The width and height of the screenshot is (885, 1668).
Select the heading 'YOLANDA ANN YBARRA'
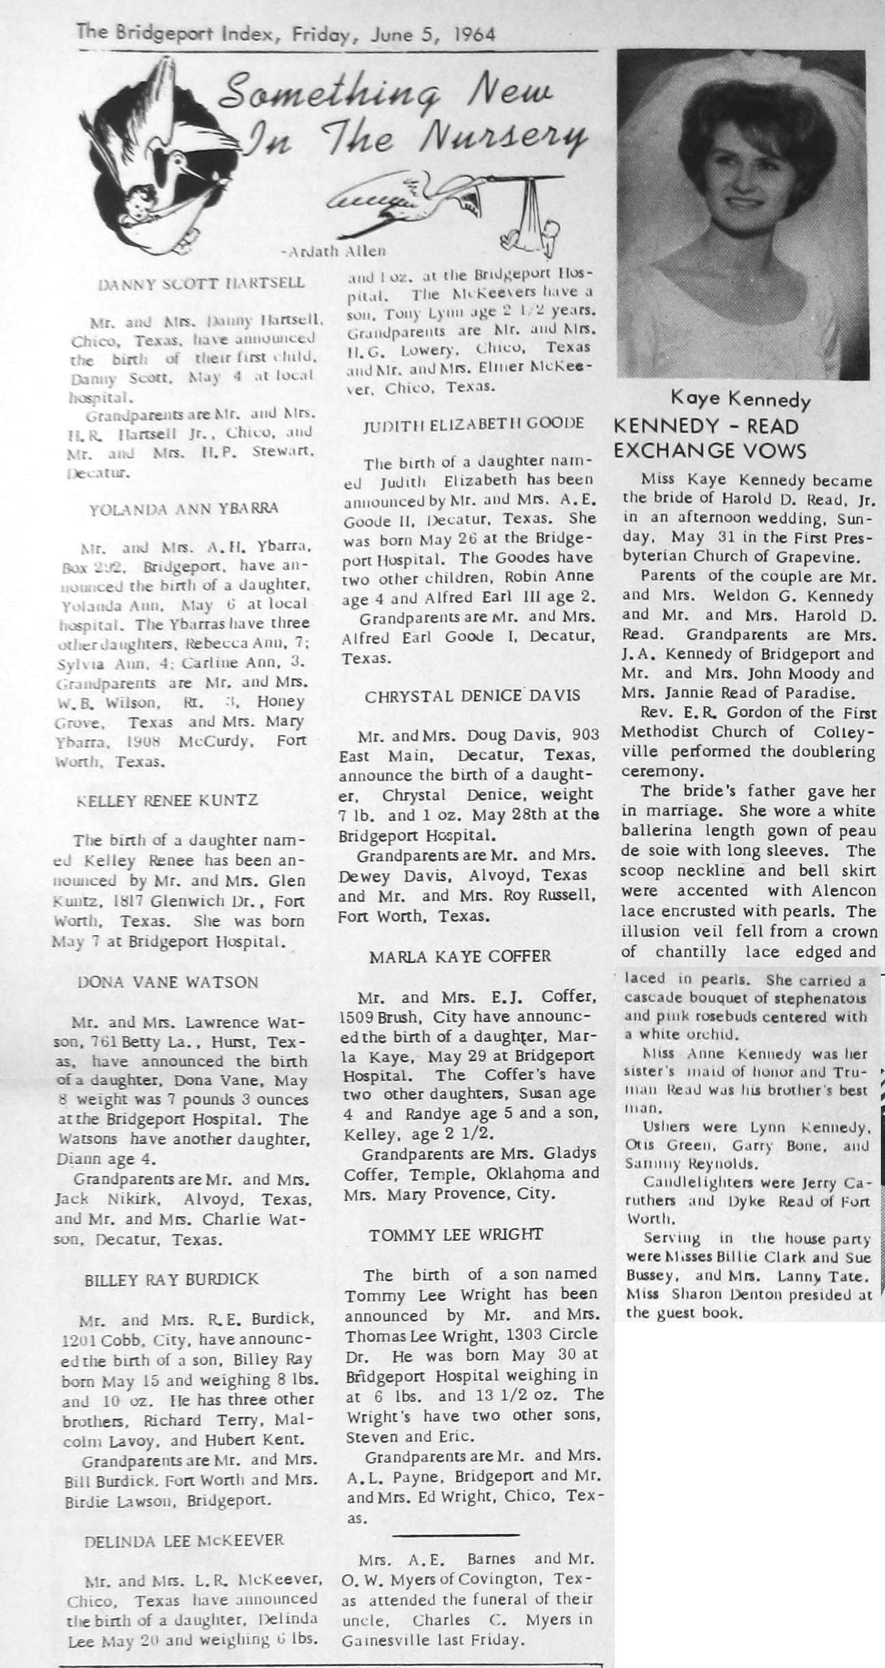[x=184, y=507]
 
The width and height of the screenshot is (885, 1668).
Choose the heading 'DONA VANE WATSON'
[x=168, y=982]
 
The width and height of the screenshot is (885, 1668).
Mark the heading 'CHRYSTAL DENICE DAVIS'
[x=473, y=696]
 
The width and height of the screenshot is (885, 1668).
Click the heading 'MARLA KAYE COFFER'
[x=460, y=956]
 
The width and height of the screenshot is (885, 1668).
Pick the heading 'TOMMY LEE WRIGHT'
[x=456, y=1235]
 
